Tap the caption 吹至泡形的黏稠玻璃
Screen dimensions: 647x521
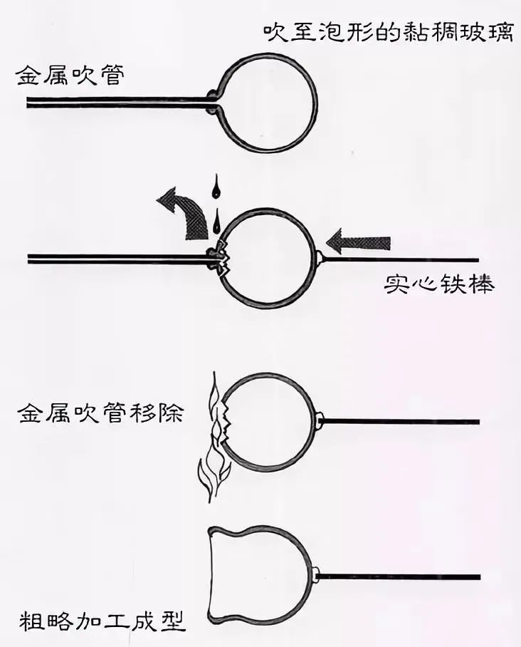coord(387,33)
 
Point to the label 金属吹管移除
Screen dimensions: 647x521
coord(100,413)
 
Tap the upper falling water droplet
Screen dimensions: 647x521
coord(215,189)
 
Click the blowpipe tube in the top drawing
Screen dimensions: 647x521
coord(114,103)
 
